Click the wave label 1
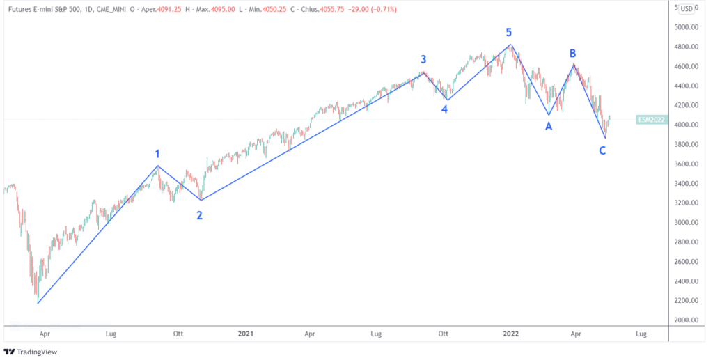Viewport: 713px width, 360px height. (x=158, y=154)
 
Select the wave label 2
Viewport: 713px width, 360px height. (x=200, y=215)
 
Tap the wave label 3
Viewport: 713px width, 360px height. (x=423, y=59)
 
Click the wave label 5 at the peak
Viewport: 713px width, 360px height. (x=509, y=32)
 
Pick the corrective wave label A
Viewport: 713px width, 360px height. (x=549, y=126)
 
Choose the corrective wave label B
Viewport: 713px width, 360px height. (x=572, y=53)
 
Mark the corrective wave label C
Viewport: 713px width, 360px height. (x=603, y=150)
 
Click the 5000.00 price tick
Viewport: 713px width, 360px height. (x=691, y=27)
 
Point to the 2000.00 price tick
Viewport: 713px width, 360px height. (x=691, y=320)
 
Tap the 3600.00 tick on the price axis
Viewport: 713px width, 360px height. (x=691, y=164)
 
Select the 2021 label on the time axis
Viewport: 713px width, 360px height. (x=245, y=334)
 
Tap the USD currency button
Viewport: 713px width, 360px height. (x=686, y=8)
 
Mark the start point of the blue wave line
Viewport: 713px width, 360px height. (x=38, y=303)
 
